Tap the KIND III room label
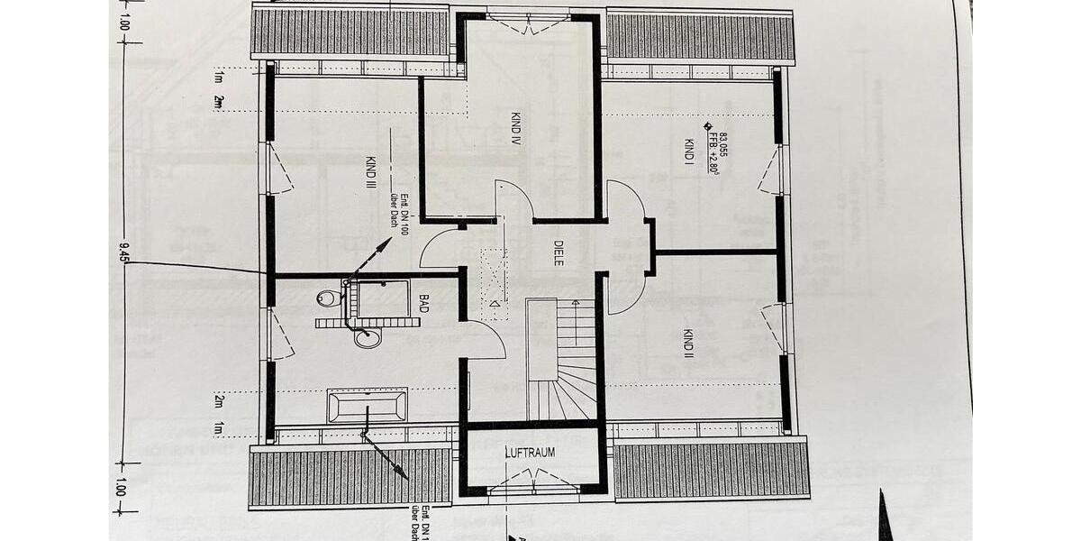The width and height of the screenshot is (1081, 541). (x=370, y=171)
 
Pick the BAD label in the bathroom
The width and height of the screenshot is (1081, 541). (x=423, y=302)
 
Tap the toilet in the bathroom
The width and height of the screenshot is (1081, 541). (x=328, y=298)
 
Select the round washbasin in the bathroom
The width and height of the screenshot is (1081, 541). (x=367, y=338)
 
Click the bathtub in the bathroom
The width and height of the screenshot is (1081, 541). (x=367, y=406)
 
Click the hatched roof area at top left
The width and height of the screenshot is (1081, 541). (x=350, y=33)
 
